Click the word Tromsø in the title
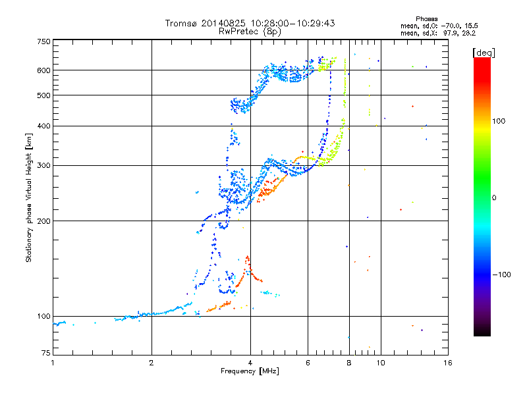tap(182, 23)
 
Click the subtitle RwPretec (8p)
tap(250, 32)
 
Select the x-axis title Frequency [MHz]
tap(250, 371)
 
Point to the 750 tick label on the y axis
tap(43, 41)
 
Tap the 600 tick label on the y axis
tap(43, 70)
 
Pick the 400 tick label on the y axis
tap(43, 126)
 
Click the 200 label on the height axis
tap(43, 221)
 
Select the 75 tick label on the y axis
tap(46, 353)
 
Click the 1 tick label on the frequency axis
tap(53, 363)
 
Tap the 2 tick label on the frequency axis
tap(152, 363)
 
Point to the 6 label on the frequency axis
tap(308, 363)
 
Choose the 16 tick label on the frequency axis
tap(448, 363)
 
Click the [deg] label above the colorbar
tap(484, 53)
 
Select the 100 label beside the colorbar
tap(499, 121)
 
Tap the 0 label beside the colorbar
tap(494, 197)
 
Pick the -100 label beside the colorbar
tap(501, 275)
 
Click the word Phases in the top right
tap(426, 19)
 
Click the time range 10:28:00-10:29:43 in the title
tap(292, 23)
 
